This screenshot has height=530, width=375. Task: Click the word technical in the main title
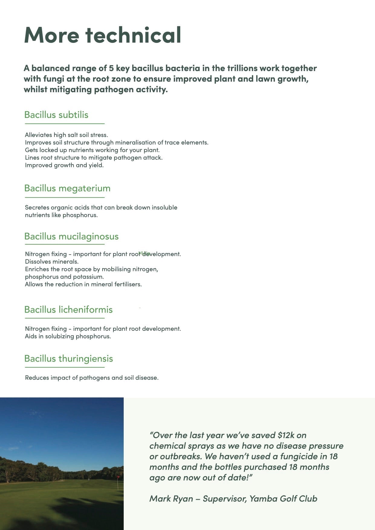pyautogui.click(x=133, y=35)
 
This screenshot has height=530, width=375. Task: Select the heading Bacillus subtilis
pyautogui.click(x=56, y=115)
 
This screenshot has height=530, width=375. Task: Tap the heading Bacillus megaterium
pyautogui.click(x=67, y=188)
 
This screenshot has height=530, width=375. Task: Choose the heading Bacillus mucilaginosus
pyautogui.click(x=71, y=236)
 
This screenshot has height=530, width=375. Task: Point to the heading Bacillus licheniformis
pyautogui.click(x=68, y=310)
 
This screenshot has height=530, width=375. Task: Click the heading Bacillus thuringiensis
pyautogui.click(x=68, y=359)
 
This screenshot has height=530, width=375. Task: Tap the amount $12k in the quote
pyautogui.click(x=286, y=435)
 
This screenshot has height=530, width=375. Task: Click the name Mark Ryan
pyautogui.click(x=171, y=499)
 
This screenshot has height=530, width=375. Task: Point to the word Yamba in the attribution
pyautogui.click(x=263, y=499)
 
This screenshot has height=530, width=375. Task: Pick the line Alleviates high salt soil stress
pyautogui.click(x=66, y=135)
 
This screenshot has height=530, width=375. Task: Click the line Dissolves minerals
pyautogui.click(x=52, y=262)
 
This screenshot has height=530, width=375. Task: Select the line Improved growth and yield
pyautogui.click(x=64, y=165)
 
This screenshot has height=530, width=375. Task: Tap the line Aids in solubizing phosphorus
pyautogui.click(x=68, y=336)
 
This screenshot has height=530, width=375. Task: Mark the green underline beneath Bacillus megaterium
pyautogui.click(x=64, y=197)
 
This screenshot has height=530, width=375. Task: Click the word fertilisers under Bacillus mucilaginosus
pyautogui.click(x=128, y=285)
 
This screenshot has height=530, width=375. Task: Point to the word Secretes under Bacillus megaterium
pyautogui.click(x=37, y=208)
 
